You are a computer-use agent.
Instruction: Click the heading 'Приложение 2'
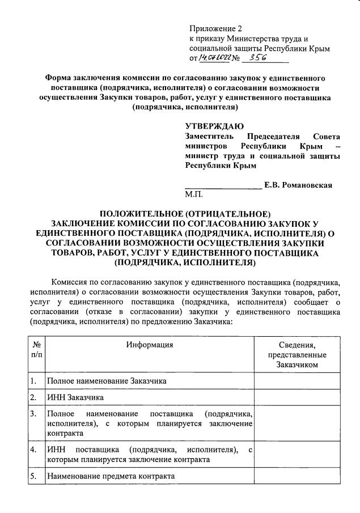[215, 28]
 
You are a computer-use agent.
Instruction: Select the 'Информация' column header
[150, 345]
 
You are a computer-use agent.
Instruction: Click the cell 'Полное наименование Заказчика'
[107, 381]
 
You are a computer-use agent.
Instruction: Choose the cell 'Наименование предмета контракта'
[111, 476]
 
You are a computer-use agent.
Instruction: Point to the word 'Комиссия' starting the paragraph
[70, 281]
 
